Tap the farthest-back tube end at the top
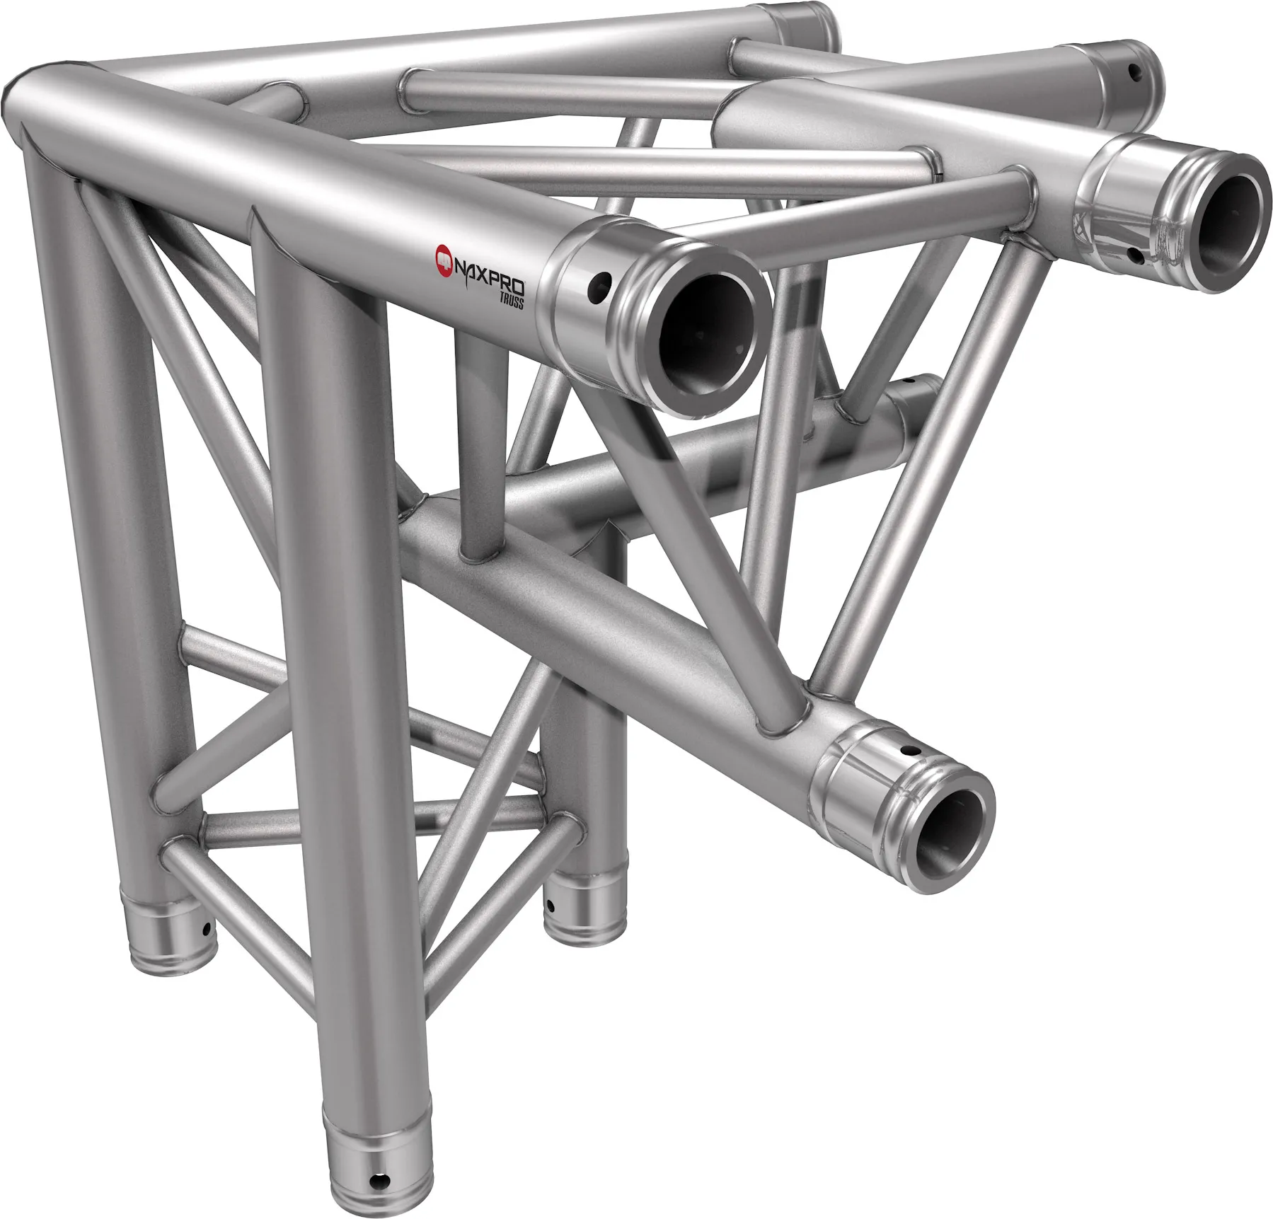(807, 21)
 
